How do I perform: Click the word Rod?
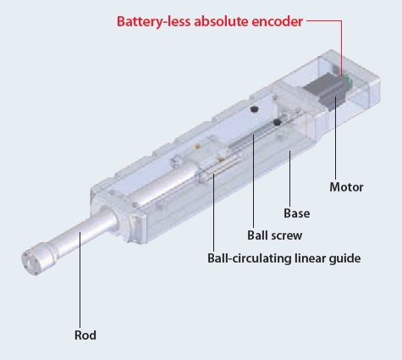pyautogui.click(x=85, y=335)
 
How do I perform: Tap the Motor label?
pyautogui.click(x=346, y=187)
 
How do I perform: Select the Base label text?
pyautogui.click(x=296, y=213)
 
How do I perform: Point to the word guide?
pyautogui.click(x=344, y=258)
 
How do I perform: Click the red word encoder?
pyautogui.click(x=277, y=21)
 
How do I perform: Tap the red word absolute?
pyautogui.click(x=221, y=21)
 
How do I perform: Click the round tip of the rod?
pyautogui.click(x=30, y=260)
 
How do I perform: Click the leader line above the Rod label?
pyautogui.click(x=80, y=280)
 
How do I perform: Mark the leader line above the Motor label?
pyautogui.click(x=336, y=137)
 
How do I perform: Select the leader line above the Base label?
pyautogui.click(x=289, y=179)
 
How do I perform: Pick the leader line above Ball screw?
pyautogui.click(x=253, y=181)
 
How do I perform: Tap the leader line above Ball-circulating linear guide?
pyautogui.click(x=213, y=213)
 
